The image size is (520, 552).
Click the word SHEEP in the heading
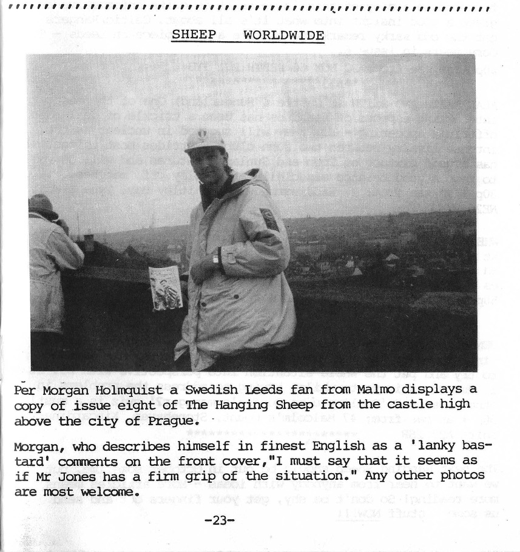click(x=194, y=35)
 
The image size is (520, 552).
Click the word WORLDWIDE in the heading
click(x=283, y=35)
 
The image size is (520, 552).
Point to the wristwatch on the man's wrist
click(x=216, y=259)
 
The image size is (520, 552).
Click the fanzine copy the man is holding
click(x=165, y=288)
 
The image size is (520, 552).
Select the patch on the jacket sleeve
click(x=269, y=219)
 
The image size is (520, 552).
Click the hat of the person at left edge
click(x=42, y=205)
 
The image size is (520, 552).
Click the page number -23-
click(x=219, y=520)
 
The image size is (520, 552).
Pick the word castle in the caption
click(x=416, y=405)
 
